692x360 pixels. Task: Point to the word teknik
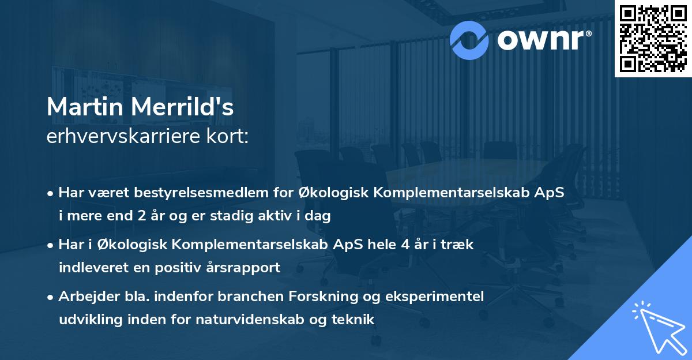(x=351, y=319)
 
